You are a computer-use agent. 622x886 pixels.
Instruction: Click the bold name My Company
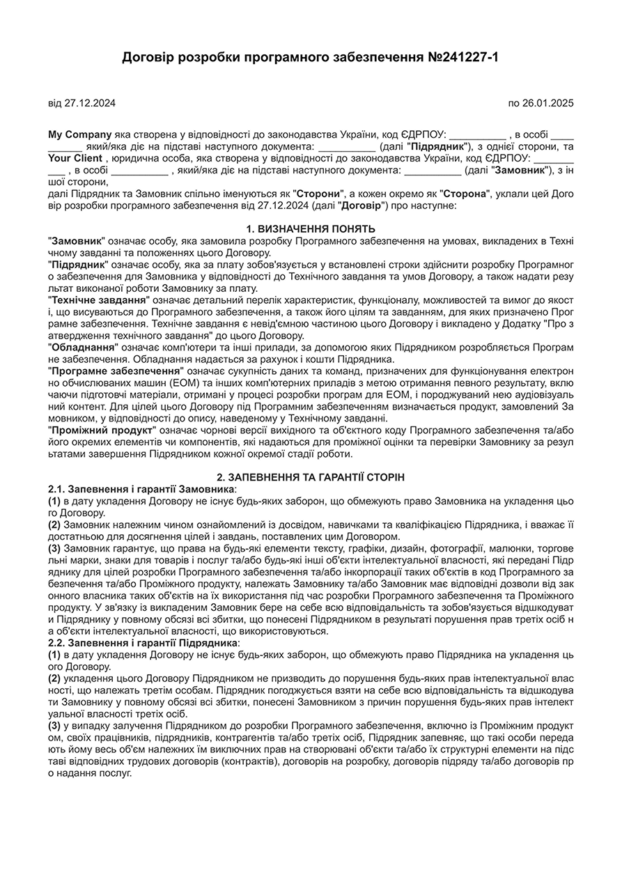click(79, 134)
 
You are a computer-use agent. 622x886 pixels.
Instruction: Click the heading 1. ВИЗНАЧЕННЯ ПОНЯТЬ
click(311, 228)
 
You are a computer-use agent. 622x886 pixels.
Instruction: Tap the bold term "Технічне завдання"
click(98, 300)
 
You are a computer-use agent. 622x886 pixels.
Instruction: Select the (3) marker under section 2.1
click(54, 548)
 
